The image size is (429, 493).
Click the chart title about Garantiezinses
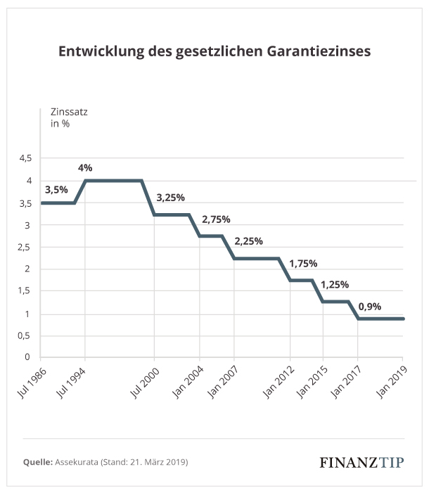(214, 52)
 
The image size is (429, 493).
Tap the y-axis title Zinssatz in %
(68, 118)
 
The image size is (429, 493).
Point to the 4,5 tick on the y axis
(25, 159)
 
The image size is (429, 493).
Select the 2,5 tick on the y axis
(25, 247)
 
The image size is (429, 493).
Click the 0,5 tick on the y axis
(25, 335)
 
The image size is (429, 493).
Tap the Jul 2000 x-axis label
(142, 380)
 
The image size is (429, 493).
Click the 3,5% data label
(56, 190)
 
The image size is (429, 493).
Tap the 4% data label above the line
(85, 168)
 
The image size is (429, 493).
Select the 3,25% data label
(170, 198)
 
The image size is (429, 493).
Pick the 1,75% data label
(303, 264)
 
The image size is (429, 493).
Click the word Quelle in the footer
(38, 462)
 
